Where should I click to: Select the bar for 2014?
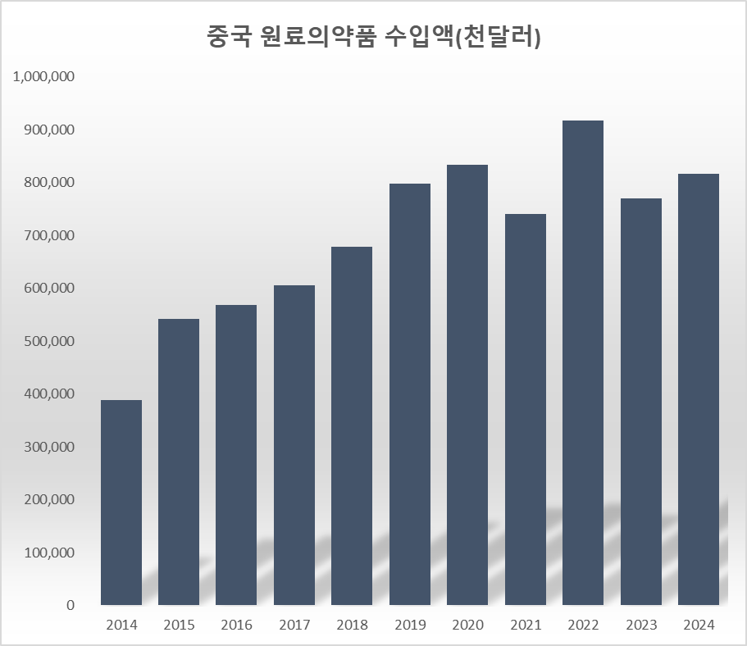click(x=121, y=503)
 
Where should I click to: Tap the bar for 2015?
click(x=179, y=462)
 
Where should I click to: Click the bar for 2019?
click(x=410, y=394)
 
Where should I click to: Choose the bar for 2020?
click(x=467, y=385)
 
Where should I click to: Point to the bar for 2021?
click(x=526, y=410)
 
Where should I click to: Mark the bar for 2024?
click(x=699, y=389)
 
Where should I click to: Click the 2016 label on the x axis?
click(x=237, y=626)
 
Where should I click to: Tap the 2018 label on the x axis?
click(x=352, y=626)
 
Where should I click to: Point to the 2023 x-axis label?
click(x=641, y=626)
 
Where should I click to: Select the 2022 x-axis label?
click(x=583, y=626)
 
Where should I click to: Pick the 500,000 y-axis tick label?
click(x=48, y=341)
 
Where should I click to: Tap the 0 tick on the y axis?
click(x=71, y=606)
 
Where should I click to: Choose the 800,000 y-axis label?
click(x=48, y=183)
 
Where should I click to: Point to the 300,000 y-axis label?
click(x=48, y=447)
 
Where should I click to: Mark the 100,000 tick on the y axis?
click(x=48, y=553)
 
